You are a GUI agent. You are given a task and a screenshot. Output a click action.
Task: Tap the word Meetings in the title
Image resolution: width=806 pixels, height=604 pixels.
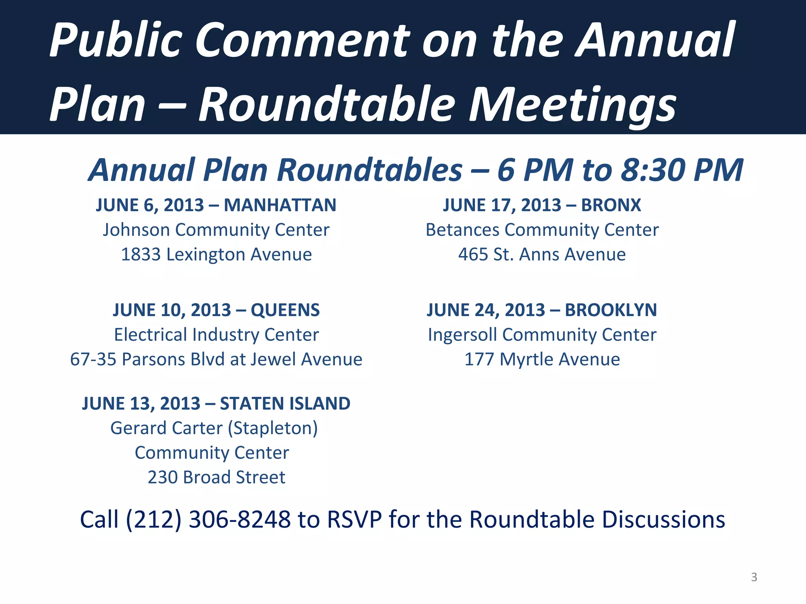point(572,105)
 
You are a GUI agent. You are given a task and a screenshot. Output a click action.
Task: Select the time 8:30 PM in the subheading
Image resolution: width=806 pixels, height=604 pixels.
point(682,170)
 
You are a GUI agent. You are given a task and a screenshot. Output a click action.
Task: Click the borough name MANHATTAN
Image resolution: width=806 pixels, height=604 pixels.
point(280,205)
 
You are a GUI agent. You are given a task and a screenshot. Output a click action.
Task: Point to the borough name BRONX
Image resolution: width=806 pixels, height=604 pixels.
point(611,205)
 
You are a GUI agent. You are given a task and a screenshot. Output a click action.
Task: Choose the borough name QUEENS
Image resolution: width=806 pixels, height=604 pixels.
point(285,310)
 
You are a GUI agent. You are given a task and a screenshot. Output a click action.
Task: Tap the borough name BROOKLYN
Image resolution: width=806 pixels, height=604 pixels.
point(611,310)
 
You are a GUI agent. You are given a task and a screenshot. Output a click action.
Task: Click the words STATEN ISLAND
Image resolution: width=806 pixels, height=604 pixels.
point(285,404)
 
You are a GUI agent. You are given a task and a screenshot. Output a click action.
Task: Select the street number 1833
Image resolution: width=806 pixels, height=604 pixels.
point(140,255)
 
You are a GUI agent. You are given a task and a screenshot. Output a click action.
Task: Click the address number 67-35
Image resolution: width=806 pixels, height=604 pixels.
point(93,359)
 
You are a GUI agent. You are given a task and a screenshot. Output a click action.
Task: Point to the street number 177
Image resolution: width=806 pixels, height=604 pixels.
point(479,359)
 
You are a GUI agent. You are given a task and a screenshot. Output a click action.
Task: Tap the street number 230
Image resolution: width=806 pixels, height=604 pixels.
point(162,477)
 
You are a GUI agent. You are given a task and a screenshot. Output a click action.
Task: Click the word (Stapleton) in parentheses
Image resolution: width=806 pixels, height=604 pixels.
point(275,428)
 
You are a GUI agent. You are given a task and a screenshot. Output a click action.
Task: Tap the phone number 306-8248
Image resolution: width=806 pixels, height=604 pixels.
point(239,519)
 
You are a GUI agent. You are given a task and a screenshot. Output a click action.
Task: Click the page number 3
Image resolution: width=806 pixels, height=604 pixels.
point(754,577)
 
